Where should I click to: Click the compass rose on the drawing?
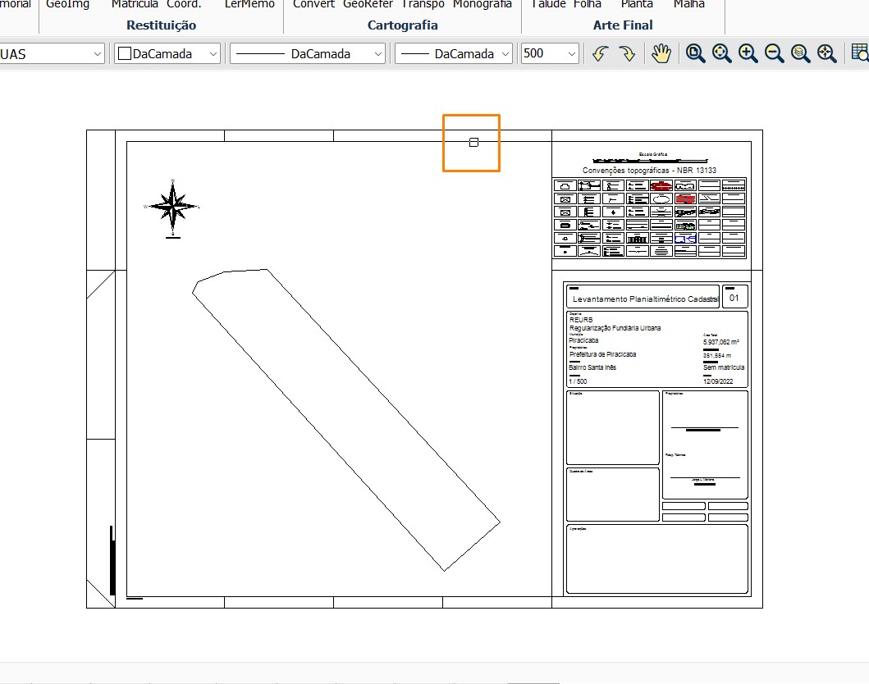(172, 206)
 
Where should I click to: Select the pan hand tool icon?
(661, 53)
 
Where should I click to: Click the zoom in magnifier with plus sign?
(748, 53)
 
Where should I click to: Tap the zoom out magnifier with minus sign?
(774, 53)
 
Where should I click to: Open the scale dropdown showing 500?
(550, 53)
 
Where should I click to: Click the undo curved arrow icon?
(600, 53)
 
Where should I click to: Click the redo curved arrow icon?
(627, 53)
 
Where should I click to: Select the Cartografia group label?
(402, 25)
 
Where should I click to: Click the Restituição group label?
(162, 25)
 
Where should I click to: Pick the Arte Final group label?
(623, 25)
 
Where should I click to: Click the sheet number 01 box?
(734, 298)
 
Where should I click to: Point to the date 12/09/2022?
(724, 381)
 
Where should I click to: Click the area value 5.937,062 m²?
(722, 341)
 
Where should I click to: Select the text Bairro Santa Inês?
(592, 367)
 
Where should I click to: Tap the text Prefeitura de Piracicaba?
(602, 354)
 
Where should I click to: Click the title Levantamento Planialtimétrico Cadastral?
(645, 300)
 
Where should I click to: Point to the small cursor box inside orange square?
(473, 143)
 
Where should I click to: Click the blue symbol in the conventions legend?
(685, 239)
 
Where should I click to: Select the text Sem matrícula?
(724, 367)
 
